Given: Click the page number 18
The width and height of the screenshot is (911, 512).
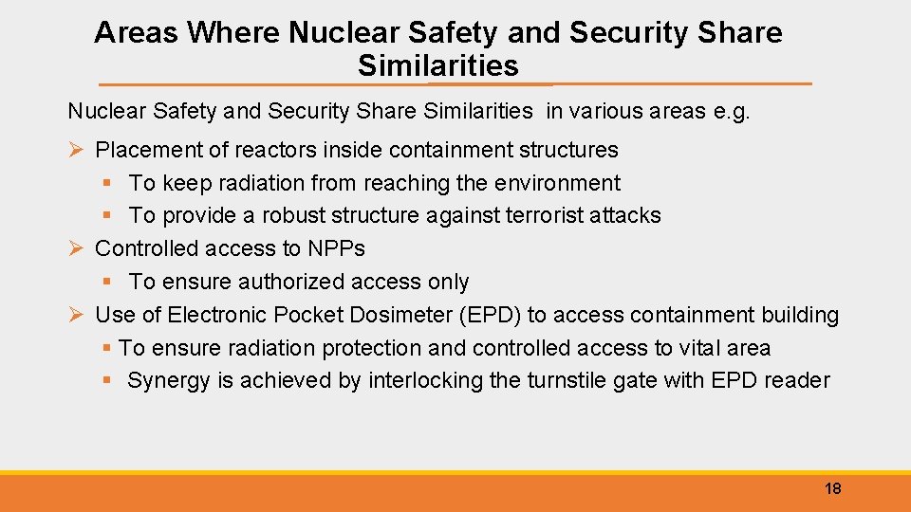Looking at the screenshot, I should point(832,489).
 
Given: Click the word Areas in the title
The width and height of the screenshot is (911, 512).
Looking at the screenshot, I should point(137,33).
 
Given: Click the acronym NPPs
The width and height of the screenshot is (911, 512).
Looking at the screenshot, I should point(336,249).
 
